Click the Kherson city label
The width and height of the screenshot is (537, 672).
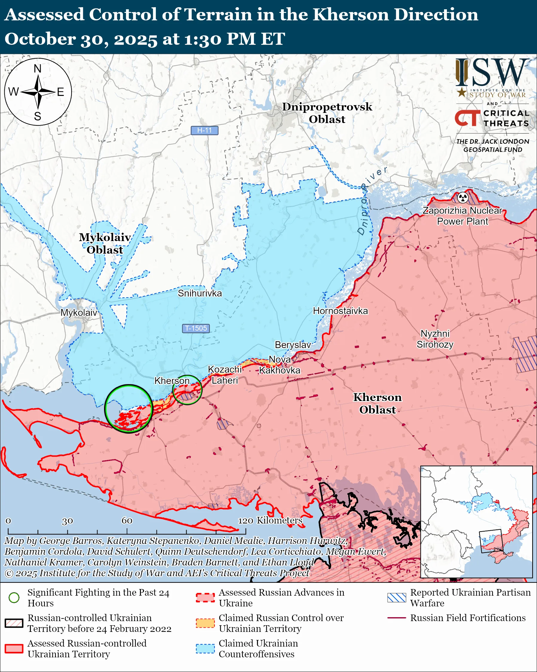(x=172, y=381)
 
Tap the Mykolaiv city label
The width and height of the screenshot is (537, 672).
(x=79, y=312)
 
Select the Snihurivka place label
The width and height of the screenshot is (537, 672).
(x=200, y=293)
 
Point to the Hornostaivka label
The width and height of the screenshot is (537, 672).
(x=340, y=311)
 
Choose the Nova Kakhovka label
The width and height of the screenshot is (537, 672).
(x=279, y=365)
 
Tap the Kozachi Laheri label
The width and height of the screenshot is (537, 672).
(x=224, y=375)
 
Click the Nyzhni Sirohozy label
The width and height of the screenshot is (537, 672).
(x=435, y=339)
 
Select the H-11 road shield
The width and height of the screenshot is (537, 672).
(x=204, y=130)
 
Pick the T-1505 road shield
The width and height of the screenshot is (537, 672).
(x=196, y=328)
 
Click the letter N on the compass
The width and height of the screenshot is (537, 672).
(x=38, y=68)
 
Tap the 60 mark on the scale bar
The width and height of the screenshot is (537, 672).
(x=127, y=520)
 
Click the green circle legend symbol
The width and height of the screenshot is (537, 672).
(x=14, y=597)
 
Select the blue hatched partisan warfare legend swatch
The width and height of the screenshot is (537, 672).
(x=397, y=597)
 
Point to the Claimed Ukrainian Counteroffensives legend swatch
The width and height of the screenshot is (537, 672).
(x=205, y=649)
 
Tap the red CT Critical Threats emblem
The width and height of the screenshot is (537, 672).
(x=467, y=118)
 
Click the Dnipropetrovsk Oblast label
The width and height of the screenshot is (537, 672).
(x=327, y=113)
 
